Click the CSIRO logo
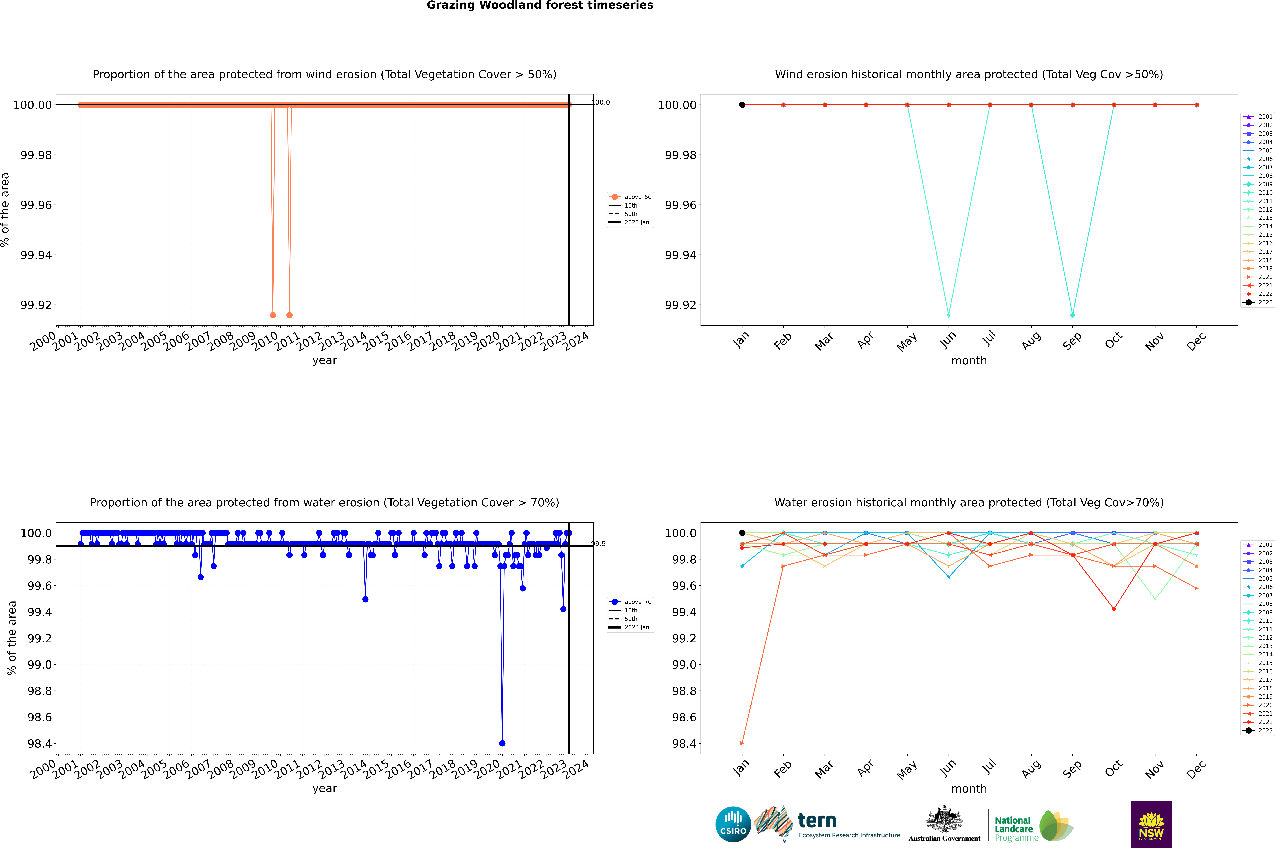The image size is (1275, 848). tap(733, 824)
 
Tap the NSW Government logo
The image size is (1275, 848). tap(1151, 824)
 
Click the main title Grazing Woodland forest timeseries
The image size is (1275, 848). tap(540, 5)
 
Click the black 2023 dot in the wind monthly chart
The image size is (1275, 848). tap(742, 105)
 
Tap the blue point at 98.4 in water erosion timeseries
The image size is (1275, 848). tap(502, 743)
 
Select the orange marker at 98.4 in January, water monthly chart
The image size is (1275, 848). tap(742, 743)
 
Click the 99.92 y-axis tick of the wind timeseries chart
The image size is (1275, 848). tap(36, 305)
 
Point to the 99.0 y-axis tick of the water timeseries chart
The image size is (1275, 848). tap(39, 665)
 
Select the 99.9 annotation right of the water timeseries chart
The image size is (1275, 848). tap(598, 543)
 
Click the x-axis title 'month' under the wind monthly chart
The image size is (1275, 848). tap(969, 361)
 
